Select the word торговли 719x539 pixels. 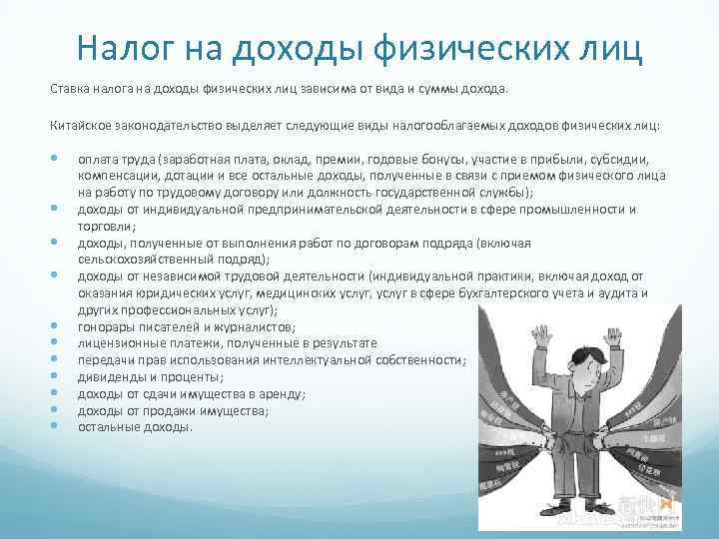(x=105, y=226)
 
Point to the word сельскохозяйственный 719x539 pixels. (x=143, y=259)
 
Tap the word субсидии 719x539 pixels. (x=620, y=159)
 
